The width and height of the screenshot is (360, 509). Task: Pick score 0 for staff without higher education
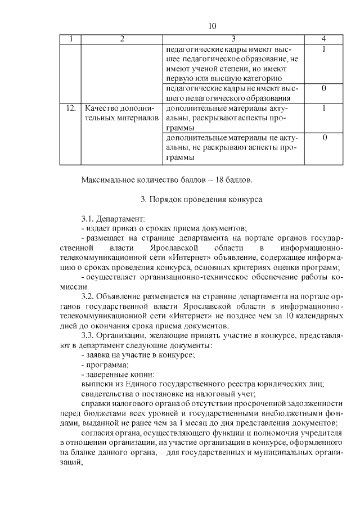coord(324,88)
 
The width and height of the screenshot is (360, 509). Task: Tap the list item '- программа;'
coord(102,365)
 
